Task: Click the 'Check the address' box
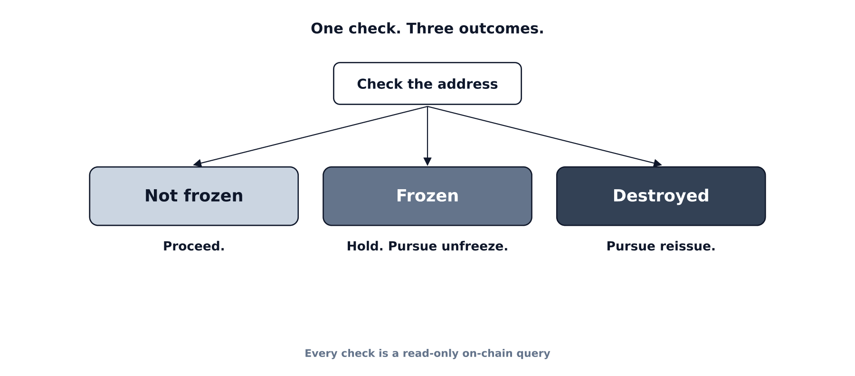click(427, 84)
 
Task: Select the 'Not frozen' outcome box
click(194, 196)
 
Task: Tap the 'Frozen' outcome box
click(427, 196)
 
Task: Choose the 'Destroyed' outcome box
click(661, 196)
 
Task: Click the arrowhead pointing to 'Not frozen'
click(197, 163)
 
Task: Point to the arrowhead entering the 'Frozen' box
click(427, 162)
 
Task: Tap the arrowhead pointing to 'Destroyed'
click(658, 163)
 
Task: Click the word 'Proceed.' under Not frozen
click(194, 246)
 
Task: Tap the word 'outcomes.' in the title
click(501, 29)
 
